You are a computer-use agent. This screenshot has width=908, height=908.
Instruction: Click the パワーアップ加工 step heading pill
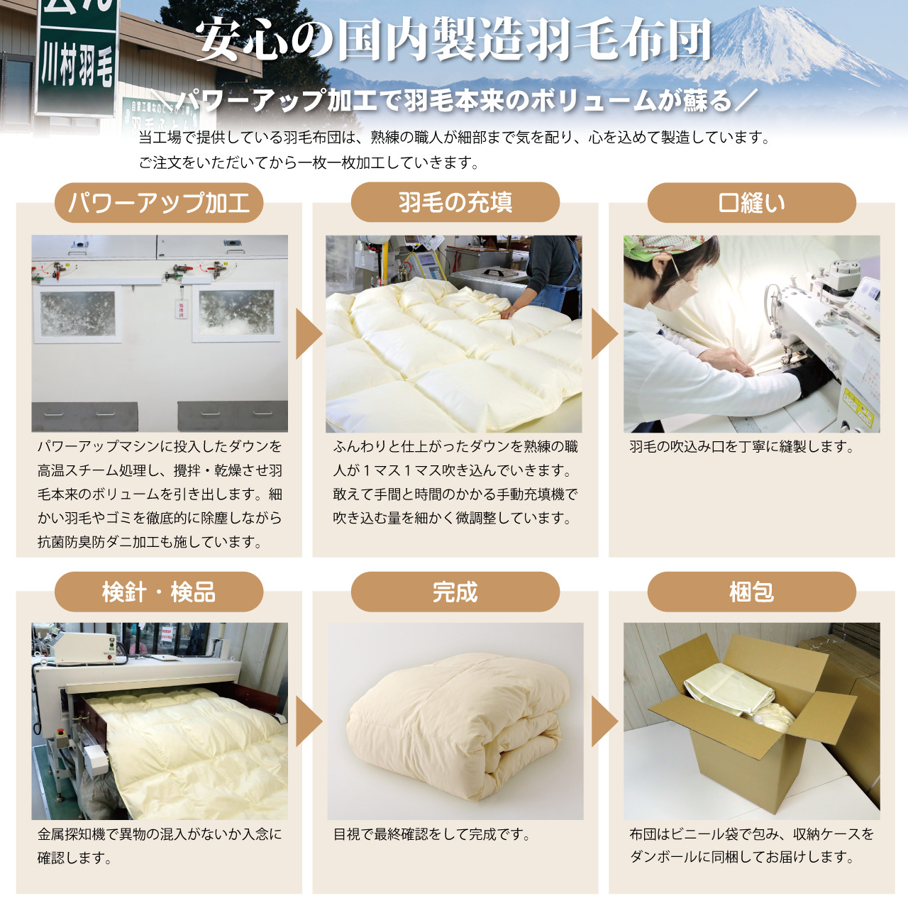159,204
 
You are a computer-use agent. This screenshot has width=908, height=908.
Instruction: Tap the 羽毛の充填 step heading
455,203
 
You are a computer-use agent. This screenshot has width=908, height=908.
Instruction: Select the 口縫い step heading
751,204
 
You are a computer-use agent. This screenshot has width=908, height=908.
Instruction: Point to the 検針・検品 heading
159,592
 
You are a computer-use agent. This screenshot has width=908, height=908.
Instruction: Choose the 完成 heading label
455,592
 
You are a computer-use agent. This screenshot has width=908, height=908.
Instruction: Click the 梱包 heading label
751,592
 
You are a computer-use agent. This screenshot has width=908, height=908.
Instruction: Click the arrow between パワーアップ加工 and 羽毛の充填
308,333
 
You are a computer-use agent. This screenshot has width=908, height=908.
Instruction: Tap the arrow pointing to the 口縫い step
604,333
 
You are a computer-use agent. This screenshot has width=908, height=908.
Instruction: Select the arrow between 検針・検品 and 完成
308,721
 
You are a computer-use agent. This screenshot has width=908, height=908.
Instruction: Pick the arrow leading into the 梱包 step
604,721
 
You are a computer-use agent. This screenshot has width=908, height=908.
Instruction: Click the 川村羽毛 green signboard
77,60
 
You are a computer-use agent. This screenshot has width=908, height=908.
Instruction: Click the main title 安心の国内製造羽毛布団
454,40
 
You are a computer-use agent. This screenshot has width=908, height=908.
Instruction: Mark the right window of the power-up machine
236,312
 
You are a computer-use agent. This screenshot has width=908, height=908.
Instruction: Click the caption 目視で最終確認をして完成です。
433,835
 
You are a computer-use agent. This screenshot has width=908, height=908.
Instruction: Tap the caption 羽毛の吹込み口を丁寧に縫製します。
742,447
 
